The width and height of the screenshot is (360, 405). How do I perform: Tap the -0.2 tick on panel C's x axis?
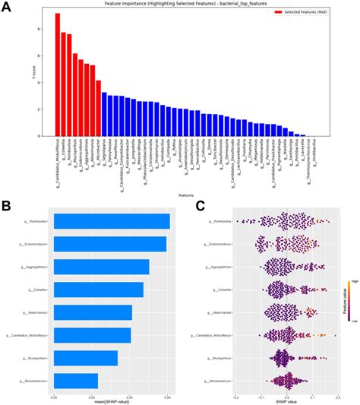(236, 396)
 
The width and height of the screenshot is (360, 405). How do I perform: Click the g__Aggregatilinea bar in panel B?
(102, 267)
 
